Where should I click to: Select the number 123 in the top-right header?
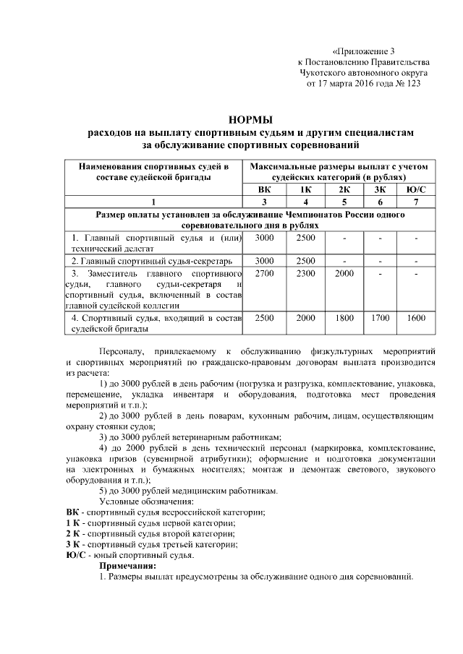pyautogui.click(x=410, y=84)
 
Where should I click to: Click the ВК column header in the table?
pyautogui.click(x=265, y=189)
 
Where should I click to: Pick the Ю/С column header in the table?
pyautogui.click(x=416, y=189)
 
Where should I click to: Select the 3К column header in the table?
pyautogui.click(x=380, y=189)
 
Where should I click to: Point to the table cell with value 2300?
pyautogui.click(x=306, y=274)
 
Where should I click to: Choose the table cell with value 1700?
pyautogui.click(x=380, y=317)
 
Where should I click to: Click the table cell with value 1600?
pyautogui.click(x=416, y=317)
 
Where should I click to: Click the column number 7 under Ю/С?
pyautogui.click(x=416, y=202)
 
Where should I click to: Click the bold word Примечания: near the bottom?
pyautogui.click(x=127, y=566)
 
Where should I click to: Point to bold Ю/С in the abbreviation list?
pyautogui.click(x=75, y=555)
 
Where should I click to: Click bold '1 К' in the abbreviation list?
pyautogui.click(x=72, y=522)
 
